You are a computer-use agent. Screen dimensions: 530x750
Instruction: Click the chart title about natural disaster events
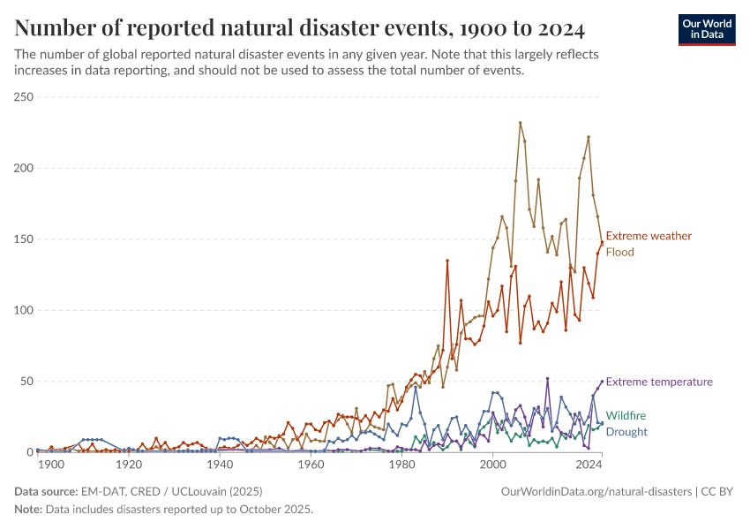(x=300, y=28)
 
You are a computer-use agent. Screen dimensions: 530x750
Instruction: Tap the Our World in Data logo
(x=706, y=29)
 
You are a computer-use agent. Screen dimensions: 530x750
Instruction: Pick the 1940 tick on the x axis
(x=220, y=465)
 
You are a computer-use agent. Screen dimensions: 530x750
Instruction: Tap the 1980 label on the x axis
(x=402, y=465)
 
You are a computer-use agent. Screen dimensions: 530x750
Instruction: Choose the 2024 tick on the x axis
(x=588, y=465)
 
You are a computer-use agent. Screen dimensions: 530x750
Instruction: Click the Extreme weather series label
(x=649, y=236)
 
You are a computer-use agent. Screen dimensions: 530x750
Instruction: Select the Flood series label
(x=619, y=252)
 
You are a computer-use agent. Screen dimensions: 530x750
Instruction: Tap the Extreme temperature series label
(x=659, y=382)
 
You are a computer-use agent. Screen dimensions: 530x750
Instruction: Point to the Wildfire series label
(x=626, y=415)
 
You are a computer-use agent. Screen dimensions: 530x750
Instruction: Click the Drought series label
(x=626, y=432)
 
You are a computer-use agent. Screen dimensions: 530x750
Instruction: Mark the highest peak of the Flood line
(x=521, y=123)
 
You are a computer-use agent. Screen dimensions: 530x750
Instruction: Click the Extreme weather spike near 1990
(x=447, y=261)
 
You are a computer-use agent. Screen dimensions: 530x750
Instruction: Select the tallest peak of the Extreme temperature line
(x=548, y=379)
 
